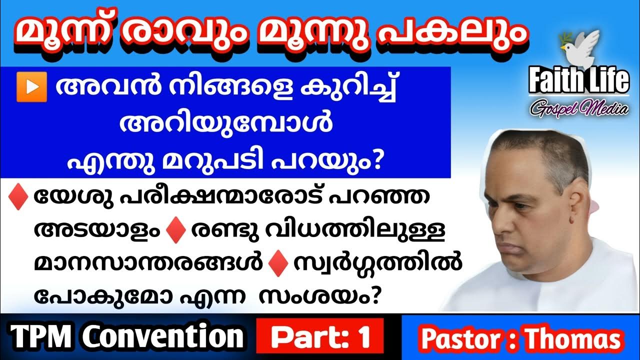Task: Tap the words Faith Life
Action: (x=578, y=80)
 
